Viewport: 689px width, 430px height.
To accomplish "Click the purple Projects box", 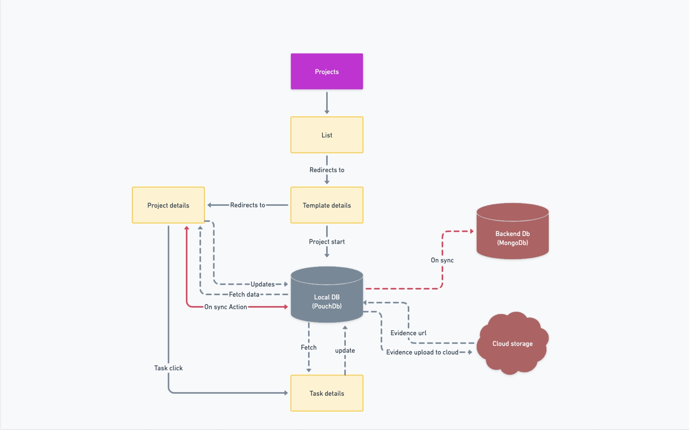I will tap(327, 71).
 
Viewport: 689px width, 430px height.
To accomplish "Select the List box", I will tap(327, 135).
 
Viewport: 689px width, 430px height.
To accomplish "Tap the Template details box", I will tap(327, 205).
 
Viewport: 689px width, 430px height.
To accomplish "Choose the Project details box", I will tap(168, 205).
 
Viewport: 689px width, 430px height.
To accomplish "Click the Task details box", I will tap(327, 393).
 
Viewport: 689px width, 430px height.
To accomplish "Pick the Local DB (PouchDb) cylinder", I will tap(327, 298).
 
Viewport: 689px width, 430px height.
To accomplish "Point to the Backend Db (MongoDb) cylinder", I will tap(512, 234).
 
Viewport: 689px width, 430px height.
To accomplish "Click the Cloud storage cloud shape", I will tap(512, 344).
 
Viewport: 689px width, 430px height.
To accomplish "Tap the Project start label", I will tap(327, 242).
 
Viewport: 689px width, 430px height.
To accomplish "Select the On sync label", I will tap(442, 260).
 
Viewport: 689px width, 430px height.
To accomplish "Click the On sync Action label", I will tap(225, 307).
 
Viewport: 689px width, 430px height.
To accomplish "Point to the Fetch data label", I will tap(244, 294).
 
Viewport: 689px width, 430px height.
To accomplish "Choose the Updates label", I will tap(262, 284).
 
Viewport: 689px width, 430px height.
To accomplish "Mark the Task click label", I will tap(168, 368).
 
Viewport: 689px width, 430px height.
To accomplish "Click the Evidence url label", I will tap(408, 333).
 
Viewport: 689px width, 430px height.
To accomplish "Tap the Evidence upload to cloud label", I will tap(422, 352).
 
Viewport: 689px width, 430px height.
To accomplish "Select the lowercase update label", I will tap(345, 350).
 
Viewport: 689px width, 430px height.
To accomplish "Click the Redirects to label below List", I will tap(327, 170).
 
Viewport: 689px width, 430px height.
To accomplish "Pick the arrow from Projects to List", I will tap(327, 102).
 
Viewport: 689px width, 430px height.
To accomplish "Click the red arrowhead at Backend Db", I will tap(472, 231).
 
